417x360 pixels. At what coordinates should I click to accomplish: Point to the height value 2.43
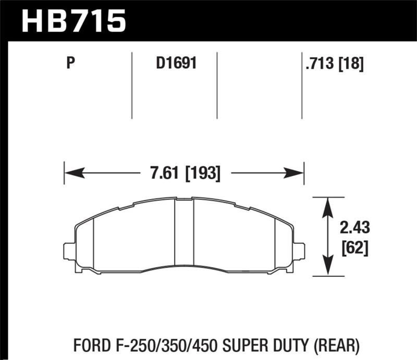click(x=354, y=228)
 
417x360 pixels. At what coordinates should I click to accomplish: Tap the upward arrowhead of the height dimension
click(x=327, y=204)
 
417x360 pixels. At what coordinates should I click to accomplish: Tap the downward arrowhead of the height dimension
click(x=327, y=269)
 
